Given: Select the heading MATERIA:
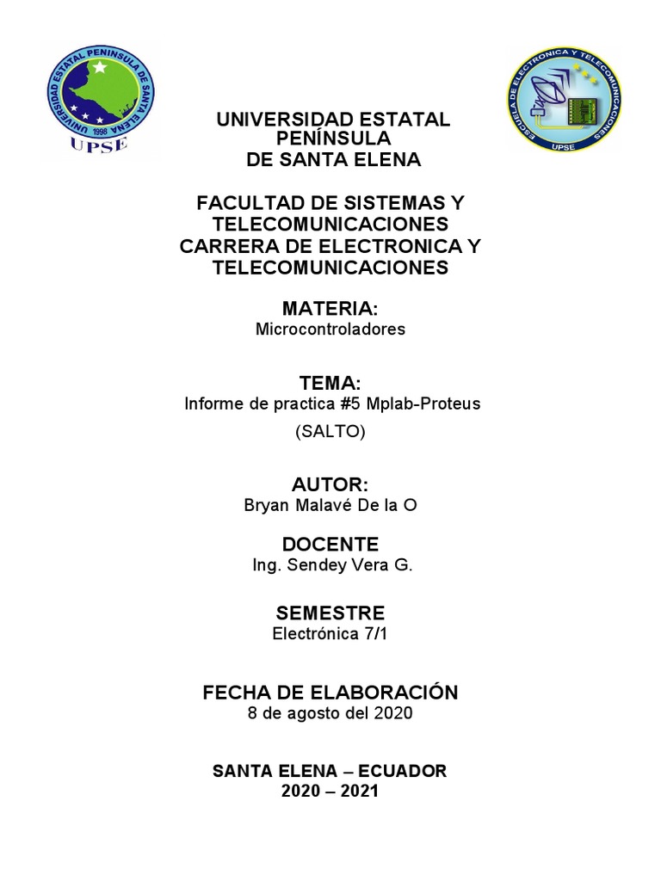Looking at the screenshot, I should click(x=330, y=308).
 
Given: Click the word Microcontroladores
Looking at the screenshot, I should click(x=330, y=330).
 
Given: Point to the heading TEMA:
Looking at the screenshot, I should click(x=330, y=382).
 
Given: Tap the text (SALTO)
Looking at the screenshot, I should click(x=330, y=433).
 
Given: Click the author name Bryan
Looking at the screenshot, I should click(x=266, y=506).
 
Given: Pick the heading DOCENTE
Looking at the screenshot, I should click(x=330, y=544).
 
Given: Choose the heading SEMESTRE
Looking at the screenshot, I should click(x=330, y=613).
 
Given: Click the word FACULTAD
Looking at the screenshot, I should click(x=250, y=204).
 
